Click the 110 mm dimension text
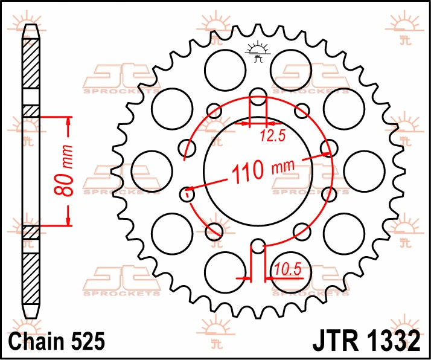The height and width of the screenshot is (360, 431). point(263,170)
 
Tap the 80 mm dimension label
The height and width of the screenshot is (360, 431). point(63,170)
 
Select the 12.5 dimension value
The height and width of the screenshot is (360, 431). point(273,136)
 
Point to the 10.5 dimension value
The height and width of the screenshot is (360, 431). point(288,269)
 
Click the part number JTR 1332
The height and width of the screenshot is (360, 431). point(366,341)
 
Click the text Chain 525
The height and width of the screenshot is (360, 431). point(56,341)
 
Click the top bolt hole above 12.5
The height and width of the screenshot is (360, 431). point(258,97)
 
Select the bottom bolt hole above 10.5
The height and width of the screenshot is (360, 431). point(258,246)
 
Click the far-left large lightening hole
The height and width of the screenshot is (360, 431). point(152,171)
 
